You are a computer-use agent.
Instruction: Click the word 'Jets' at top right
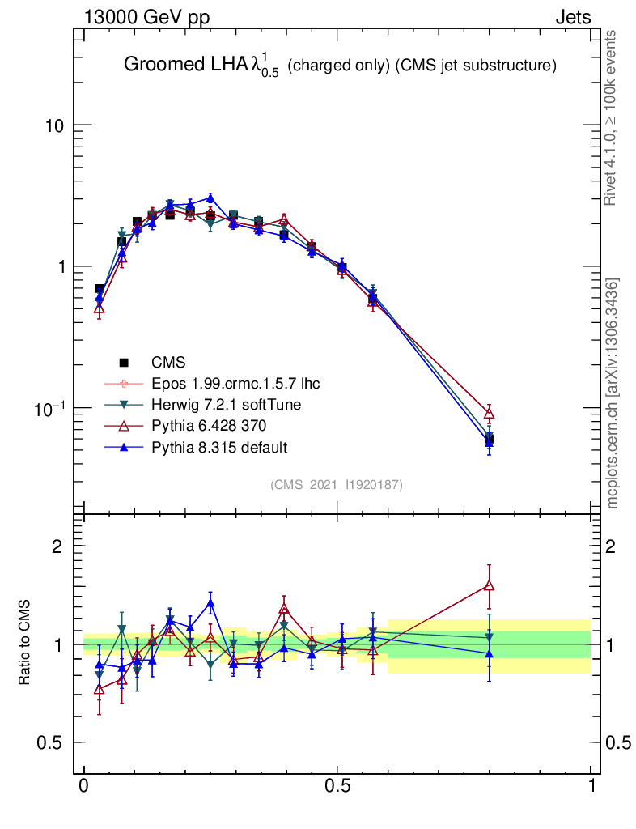pyautogui.click(x=572, y=17)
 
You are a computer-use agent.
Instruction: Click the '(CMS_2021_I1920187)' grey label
pyautogui.click(x=337, y=484)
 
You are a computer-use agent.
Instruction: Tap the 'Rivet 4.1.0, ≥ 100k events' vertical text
pyautogui.click(x=612, y=118)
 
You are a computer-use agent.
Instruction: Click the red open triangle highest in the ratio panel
pyautogui.click(x=489, y=585)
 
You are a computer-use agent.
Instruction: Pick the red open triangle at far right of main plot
pyautogui.click(x=489, y=412)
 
